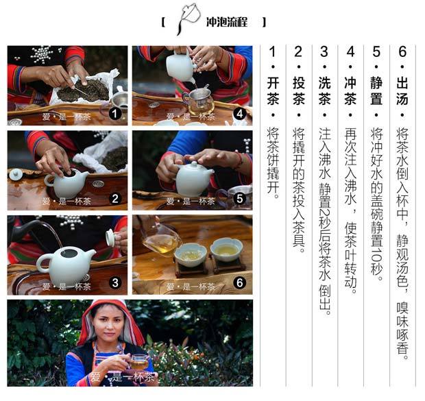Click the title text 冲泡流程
(x=227, y=21)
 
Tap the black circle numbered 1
(x=115, y=114)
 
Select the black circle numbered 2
(x=115, y=199)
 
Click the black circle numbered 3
(x=115, y=283)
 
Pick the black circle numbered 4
(x=240, y=114)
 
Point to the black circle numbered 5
(x=240, y=198)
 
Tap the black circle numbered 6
(x=240, y=283)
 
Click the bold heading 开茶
(x=273, y=90)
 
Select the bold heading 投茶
(x=298, y=90)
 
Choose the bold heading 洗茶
(x=324, y=90)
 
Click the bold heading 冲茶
(x=350, y=90)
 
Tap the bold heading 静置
(x=376, y=90)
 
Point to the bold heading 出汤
(x=402, y=90)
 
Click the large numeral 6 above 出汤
(x=402, y=51)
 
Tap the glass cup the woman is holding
(x=138, y=362)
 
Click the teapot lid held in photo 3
(x=111, y=237)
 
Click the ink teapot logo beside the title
(x=189, y=19)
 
